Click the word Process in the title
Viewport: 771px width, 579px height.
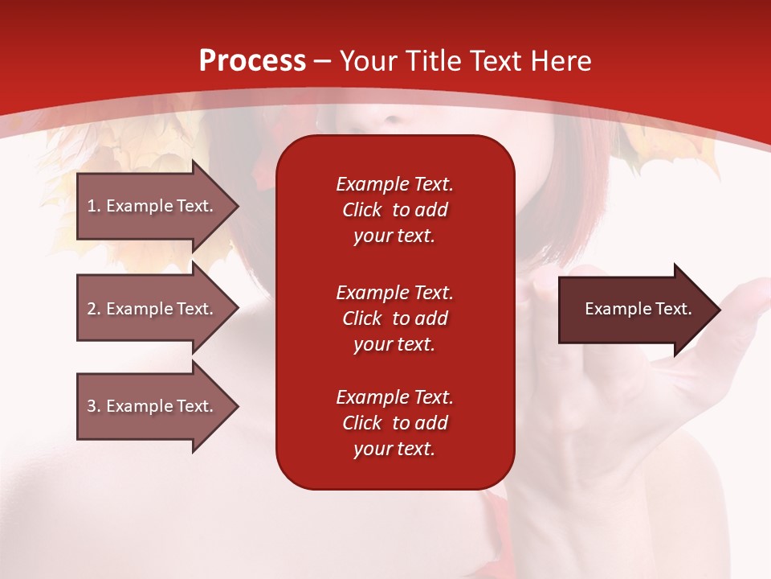click(252, 60)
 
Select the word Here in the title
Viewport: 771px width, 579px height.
click(561, 60)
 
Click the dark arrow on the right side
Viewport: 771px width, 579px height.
click(639, 310)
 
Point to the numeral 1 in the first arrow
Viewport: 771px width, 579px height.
click(92, 206)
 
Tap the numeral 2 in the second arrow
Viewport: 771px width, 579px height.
click(92, 309)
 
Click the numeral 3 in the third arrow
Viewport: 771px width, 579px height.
click(92, 405)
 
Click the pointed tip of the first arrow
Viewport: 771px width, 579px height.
click(239, 207)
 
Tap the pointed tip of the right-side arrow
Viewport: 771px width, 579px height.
click(721, 310)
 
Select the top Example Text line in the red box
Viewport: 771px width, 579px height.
click(395, 184)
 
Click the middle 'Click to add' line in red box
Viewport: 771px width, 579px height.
click(395, 318)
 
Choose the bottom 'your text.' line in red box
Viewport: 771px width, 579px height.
click(394, 449)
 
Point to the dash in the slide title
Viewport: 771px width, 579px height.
click(322, 62)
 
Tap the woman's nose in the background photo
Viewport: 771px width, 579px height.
click(390, 118)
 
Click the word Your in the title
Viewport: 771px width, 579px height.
click(369, 60)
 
